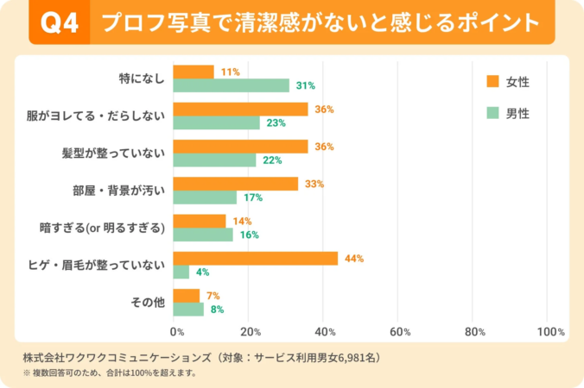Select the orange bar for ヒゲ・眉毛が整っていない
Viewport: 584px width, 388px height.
(x=256, y=259)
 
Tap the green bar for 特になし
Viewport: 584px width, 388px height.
(x=232, y=85)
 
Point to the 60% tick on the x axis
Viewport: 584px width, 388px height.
(x=400, y=331)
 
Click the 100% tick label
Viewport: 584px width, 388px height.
(x=550, y=331)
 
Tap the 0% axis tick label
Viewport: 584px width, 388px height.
(x=177, y=331)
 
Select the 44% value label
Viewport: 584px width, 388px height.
(x=354, y=259)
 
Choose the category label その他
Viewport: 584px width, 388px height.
(x=147, y=302)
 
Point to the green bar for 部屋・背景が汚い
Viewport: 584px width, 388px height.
(x=205, y=197)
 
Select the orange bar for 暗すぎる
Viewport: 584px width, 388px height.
(x=200, y=221)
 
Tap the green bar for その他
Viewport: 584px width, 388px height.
(x=188, y=309)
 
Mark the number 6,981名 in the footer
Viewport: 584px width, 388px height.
(x=357, y=356)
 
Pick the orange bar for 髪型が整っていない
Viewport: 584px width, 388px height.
(x=240, y=147)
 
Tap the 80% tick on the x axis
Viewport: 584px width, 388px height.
(x=475, y=331)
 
